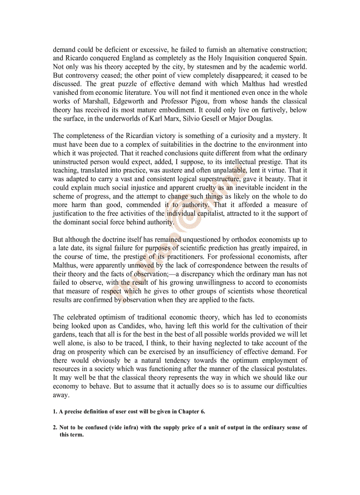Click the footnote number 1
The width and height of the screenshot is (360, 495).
[x=55, y=412]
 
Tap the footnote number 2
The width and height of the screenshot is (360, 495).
[x=55, y=428]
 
